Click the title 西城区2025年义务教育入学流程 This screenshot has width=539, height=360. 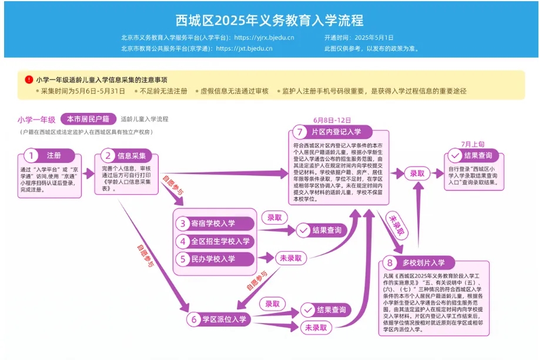[269, 20]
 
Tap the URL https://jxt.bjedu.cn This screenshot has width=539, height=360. [244, 48]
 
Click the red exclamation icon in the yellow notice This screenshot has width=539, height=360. [29, 79]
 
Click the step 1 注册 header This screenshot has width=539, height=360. [46, 156]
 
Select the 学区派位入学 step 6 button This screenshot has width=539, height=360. [217, 319]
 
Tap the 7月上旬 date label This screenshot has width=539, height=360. [473, 144]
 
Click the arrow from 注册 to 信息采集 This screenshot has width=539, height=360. [88, 173]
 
